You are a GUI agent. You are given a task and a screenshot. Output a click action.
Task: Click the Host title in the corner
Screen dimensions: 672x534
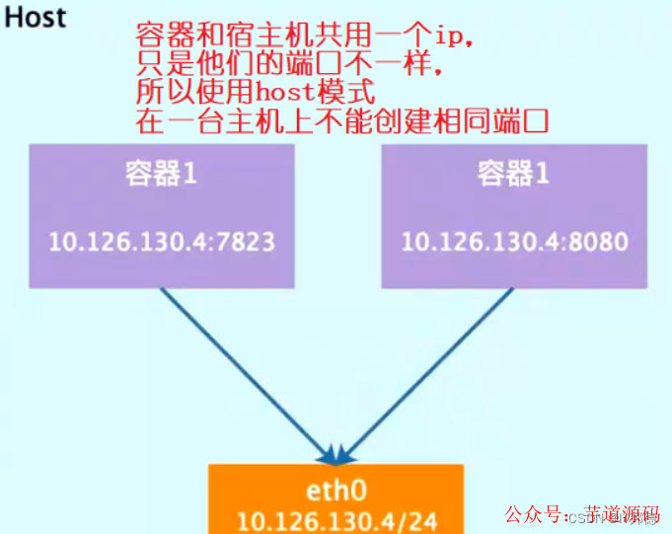(x=37, y=18)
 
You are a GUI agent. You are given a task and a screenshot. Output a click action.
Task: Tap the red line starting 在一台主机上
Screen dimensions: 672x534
(x=340, y=122)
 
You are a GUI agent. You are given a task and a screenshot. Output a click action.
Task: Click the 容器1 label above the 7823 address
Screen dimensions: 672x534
(x=162, y=175)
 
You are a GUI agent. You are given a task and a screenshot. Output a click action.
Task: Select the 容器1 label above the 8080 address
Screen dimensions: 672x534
(x=514, y=175)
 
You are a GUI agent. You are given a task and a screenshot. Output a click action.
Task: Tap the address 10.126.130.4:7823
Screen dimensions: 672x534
(x=163, y=241)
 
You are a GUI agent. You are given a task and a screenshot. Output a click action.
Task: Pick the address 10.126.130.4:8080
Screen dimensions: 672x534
(x=514, y=241)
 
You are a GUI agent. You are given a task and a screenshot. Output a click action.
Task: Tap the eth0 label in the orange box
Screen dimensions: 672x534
(x=337, y=492)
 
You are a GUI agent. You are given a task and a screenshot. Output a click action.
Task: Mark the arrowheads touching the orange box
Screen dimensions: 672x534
(x=337, y=455)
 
